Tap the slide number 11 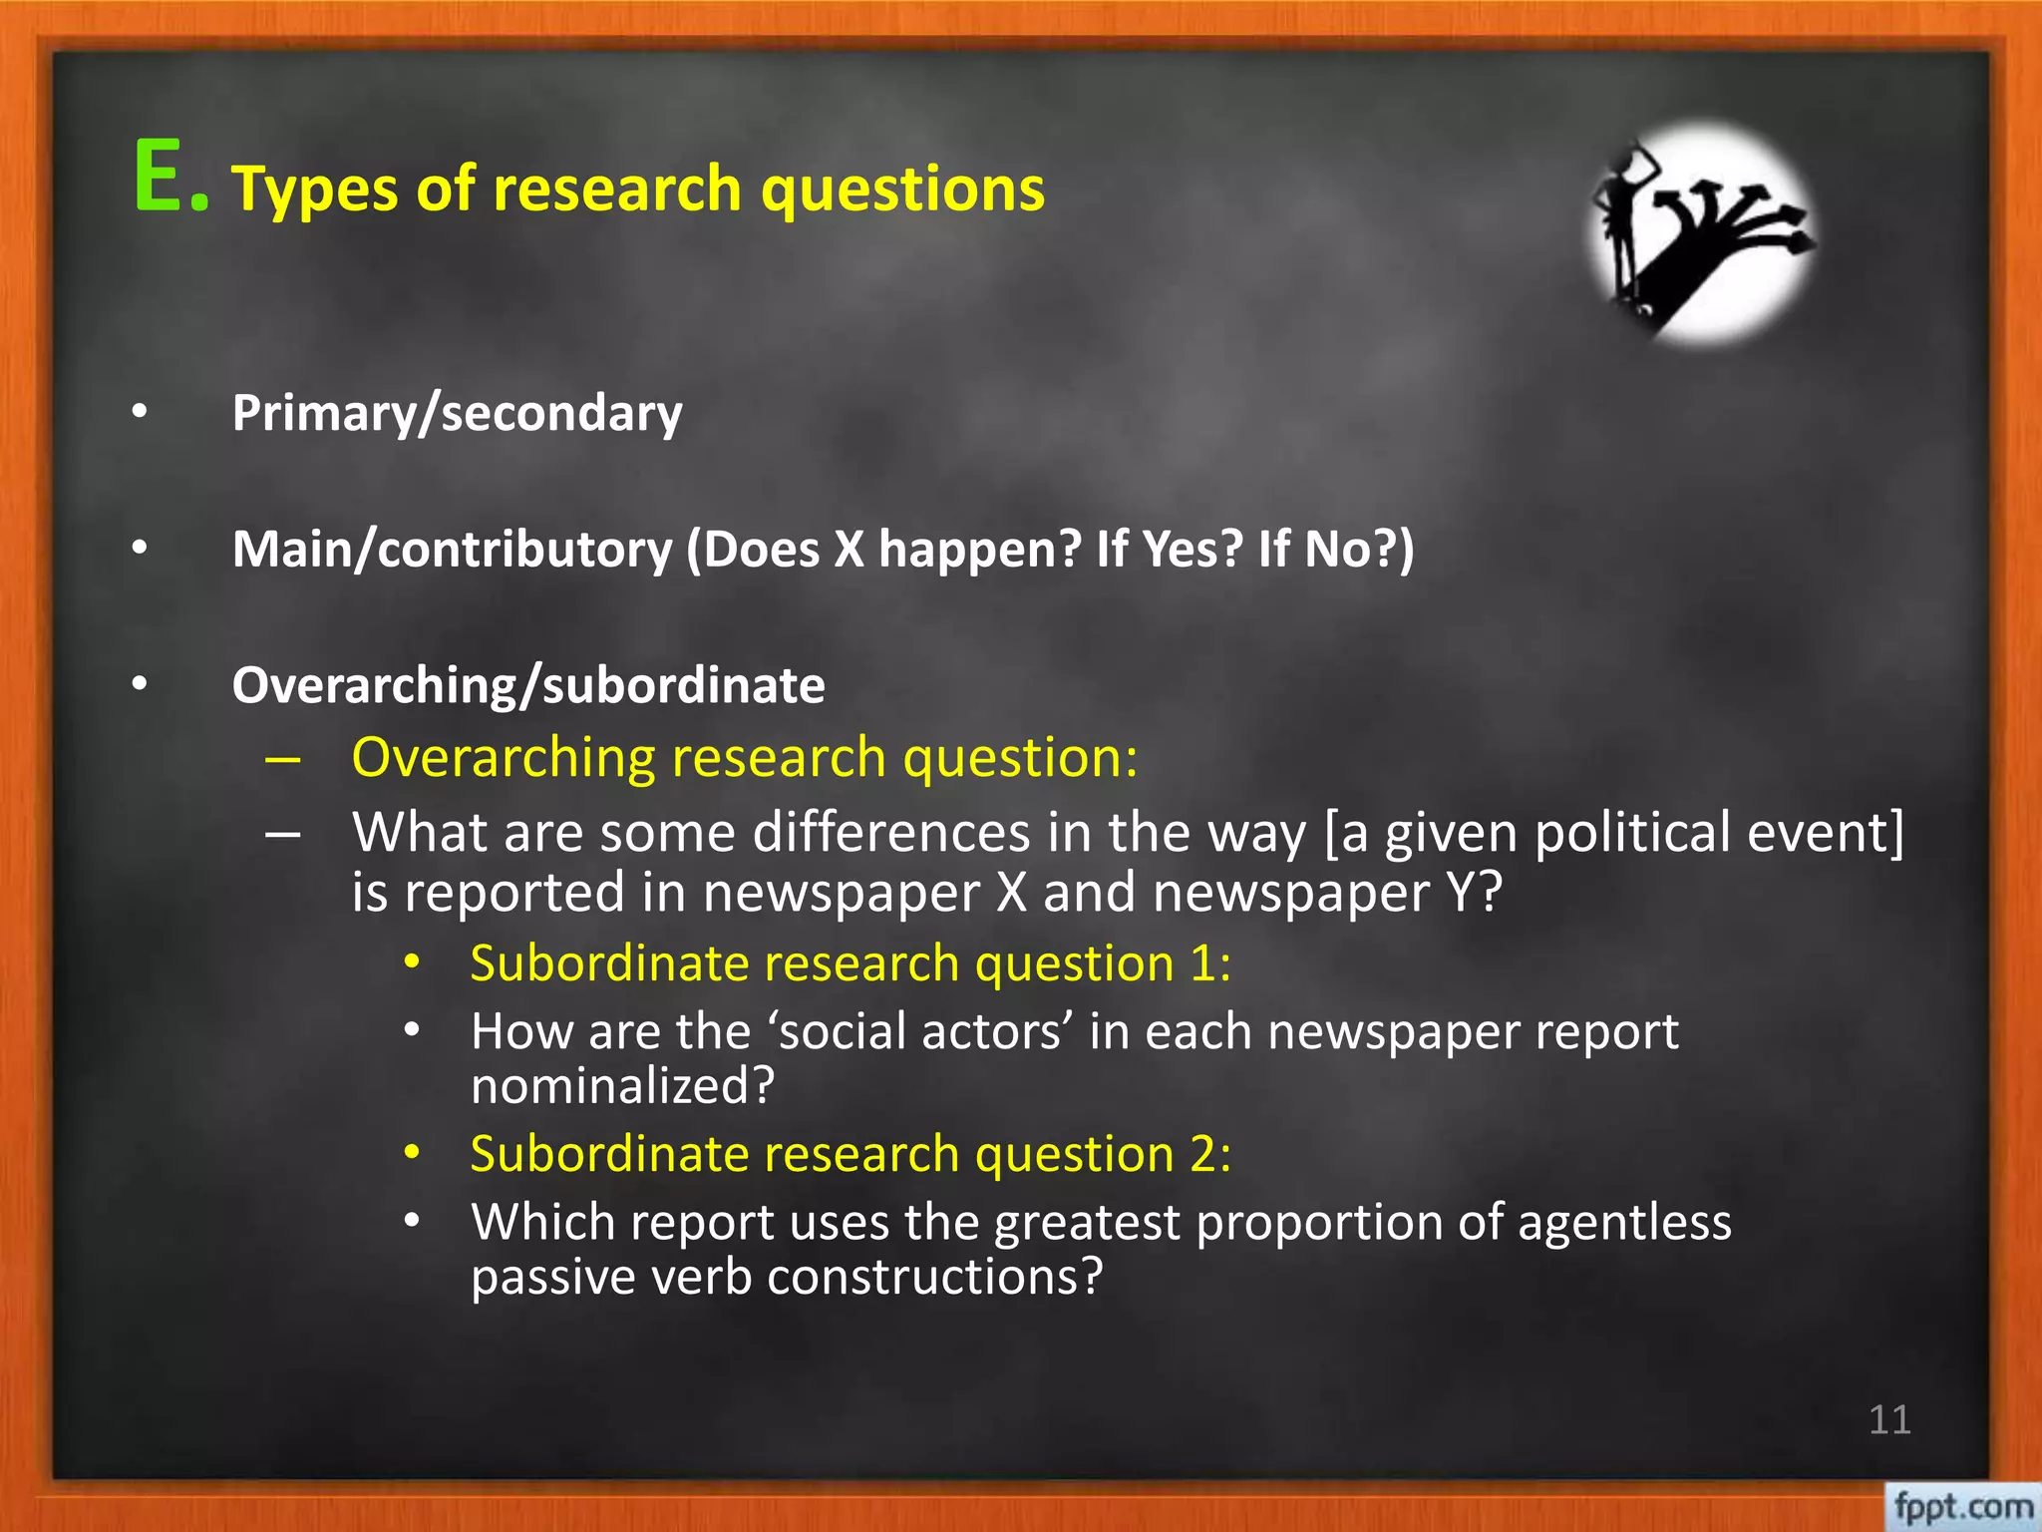[x=1888, y=1419]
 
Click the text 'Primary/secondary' [x=457, y=413]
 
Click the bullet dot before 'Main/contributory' [x=140, y=548]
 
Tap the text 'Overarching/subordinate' [x=528, y=686]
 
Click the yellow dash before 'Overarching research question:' [x=283, y=759]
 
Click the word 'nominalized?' [x=622, y=1085]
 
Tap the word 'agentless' [x=1624, y=1222]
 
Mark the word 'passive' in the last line [x=551, y=1277]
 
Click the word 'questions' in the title [x=902, y=189]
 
